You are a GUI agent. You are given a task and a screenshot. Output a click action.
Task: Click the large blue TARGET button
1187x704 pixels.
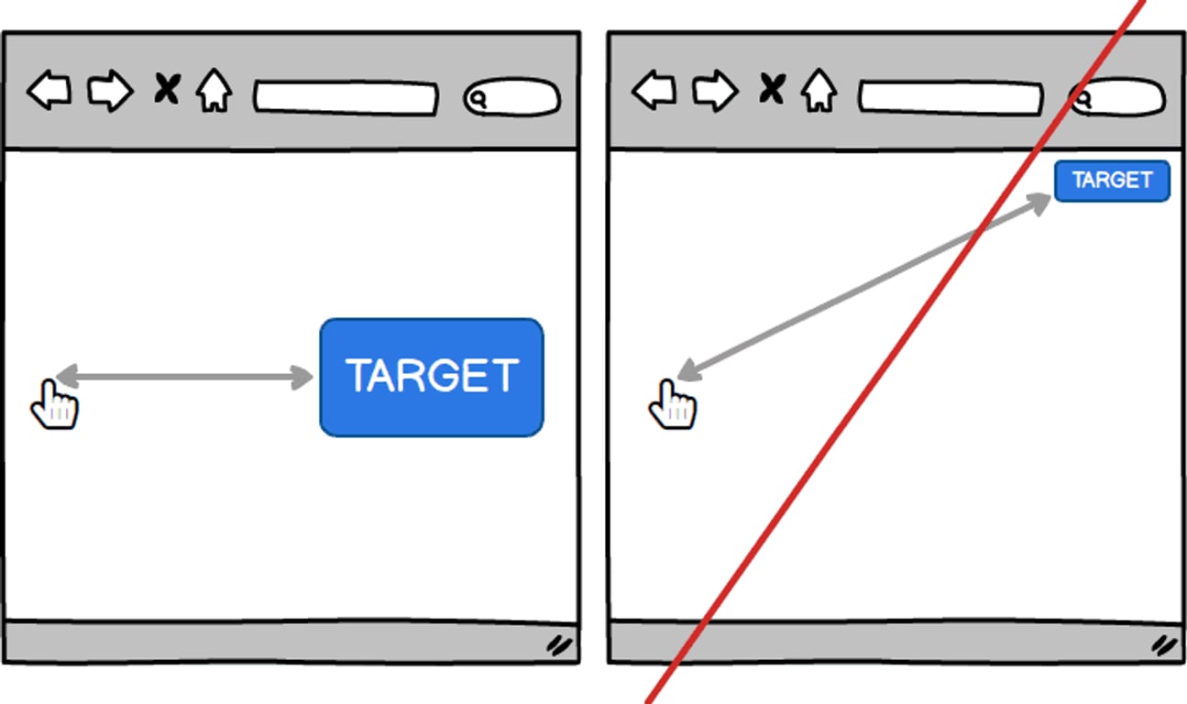click(431, 377)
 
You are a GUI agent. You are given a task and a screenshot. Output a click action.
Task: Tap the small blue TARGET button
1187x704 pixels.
click(1111, 181)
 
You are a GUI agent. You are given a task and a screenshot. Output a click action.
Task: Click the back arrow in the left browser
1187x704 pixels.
click(49, 92)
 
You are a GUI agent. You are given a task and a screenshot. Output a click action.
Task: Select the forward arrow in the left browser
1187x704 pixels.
click(110, 92)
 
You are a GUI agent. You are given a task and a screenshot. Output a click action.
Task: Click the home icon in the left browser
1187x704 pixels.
click(214, 91)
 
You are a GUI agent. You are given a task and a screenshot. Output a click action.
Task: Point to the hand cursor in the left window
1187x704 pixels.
click(54, 406)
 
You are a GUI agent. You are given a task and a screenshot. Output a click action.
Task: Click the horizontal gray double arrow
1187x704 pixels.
click(184, 377)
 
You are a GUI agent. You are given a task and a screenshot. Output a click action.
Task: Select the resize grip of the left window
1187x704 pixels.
click(559, 645)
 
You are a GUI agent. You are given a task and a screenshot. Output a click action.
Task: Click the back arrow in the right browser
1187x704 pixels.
click(654, 92)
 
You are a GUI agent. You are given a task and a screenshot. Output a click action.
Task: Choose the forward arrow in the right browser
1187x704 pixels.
click(715, 92)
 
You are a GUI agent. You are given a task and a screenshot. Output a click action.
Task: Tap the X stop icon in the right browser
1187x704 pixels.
click(773, 89)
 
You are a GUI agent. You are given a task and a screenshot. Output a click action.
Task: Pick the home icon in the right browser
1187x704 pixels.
click(819, 91)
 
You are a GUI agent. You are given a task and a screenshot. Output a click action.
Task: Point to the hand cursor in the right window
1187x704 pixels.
click(673, 406)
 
